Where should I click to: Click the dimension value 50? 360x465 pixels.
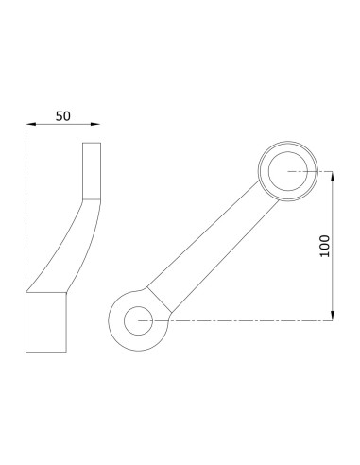coord(63,115)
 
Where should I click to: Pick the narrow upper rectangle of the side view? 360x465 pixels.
coord(91,170)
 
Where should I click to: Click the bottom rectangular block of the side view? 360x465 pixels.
coord(46,321)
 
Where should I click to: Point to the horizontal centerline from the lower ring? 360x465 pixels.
coord(246,320)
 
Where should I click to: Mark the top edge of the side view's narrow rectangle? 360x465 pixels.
coord(91,143)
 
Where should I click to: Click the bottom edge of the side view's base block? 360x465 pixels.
coord(46,351)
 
